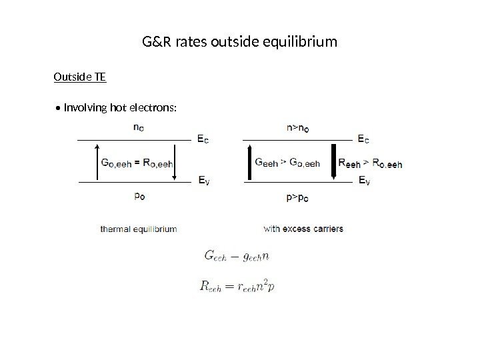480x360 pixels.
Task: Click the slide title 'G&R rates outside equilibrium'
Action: point(240,43)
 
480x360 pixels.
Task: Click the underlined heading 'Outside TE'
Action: point(79,77)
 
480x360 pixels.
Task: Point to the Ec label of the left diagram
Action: point(202,140)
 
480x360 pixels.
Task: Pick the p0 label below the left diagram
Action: point(137,196)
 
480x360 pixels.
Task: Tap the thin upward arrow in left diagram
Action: point(99,161)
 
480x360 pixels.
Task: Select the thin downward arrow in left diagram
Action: point(175,161)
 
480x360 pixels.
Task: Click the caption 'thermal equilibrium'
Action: point(139,229)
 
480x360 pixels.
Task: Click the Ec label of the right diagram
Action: point(364,140)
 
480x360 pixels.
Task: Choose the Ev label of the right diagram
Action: point(364,180)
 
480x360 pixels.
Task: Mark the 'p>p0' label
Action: point(297,197)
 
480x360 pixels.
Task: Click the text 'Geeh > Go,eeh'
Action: point(288,161)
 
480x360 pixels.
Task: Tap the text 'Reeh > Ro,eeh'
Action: point(370,161)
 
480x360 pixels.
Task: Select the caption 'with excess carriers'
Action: point(303,229)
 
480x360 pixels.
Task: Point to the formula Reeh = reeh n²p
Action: point(238,285)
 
